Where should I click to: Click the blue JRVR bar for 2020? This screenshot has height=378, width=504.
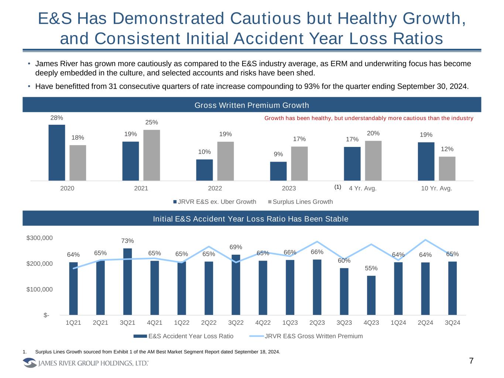point(56,152)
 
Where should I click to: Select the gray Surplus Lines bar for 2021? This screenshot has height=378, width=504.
point(151,155)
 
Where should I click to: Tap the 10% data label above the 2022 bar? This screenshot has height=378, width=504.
point(204,152)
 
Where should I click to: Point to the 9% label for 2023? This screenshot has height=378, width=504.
point(278,154)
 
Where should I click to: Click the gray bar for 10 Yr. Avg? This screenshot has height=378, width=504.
point(447,168)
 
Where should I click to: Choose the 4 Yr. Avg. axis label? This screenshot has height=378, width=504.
point(363,188)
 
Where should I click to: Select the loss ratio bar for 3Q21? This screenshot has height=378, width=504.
point(127,281)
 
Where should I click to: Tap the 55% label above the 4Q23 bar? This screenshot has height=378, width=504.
point(371,268)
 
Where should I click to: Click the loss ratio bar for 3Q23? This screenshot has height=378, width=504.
point(344,291)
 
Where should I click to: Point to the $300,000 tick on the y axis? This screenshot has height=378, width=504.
point(40,238)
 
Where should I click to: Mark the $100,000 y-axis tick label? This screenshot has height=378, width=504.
point(40,289)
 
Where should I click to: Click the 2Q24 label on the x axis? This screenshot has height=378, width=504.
point(425,323)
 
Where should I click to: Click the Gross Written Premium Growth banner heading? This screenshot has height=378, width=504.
point(251,105)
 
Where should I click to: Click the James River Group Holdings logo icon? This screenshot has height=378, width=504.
point(30,363)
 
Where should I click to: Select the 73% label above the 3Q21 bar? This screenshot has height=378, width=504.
point(127,241)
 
